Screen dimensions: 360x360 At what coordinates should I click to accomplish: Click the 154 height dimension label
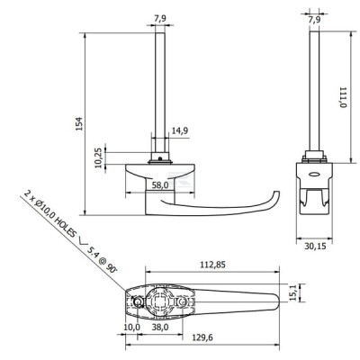click(78, 123)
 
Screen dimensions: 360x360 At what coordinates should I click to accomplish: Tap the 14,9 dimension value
click(180, 130)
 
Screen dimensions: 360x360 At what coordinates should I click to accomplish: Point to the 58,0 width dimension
click(160, 185)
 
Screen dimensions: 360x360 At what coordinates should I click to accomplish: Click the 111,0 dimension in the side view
click(343, 97)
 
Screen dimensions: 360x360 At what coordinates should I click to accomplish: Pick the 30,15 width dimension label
click(315, 246)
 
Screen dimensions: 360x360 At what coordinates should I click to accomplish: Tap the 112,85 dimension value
click(213, 265)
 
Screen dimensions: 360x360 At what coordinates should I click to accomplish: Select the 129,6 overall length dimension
click(202, 337)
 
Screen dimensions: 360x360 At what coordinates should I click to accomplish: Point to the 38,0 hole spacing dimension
click(160, 327)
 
